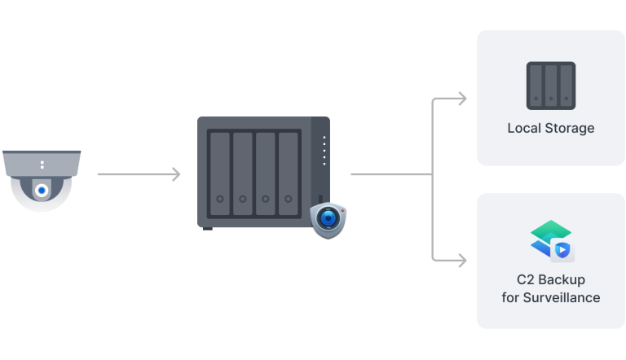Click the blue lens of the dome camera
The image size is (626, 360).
tap(42, 191)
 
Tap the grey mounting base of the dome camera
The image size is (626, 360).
tap(42, 163)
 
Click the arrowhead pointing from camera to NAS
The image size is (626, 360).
tap(176, 174)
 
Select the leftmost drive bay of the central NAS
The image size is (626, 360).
tap(220, 173)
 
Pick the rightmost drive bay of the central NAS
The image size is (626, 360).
tap(289, 173)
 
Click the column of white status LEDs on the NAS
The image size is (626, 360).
tap(324, 151)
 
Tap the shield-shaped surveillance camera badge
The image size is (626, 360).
tap(328, 220)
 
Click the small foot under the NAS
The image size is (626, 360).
tap(208, 229)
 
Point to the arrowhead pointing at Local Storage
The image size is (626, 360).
tap(462, 99)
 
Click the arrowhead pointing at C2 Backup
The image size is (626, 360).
tap(462, 261)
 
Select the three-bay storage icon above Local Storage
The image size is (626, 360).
tap(551, 86)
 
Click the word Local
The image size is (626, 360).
tap(524, 128)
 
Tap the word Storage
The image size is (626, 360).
tap(570, 128)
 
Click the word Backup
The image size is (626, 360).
tap(562, 279)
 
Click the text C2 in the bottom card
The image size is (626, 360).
tap(526, 279)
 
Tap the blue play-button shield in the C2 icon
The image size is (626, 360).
tap(562, 250)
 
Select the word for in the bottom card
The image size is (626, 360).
tap(510, 297)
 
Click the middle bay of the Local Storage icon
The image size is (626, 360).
tap(551, 86)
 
